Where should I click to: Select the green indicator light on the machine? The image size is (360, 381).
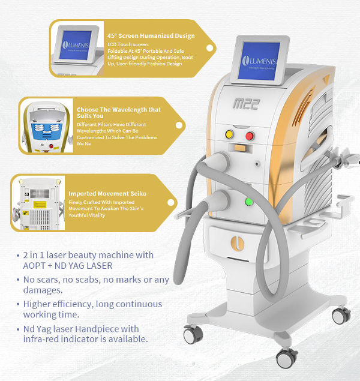(247, 202)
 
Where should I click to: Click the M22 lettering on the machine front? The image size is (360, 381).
(245, 104)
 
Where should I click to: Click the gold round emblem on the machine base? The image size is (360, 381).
(251, 244)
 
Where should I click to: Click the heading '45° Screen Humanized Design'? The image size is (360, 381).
(151, 36)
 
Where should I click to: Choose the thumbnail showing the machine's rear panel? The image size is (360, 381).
(37, 204)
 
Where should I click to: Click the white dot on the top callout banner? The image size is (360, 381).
(210, 47)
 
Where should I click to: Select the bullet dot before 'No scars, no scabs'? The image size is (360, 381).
(19, 280)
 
